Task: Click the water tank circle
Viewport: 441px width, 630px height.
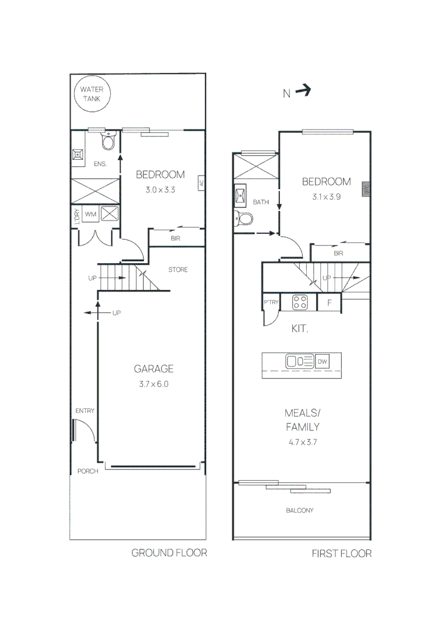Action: [x=91, y=94]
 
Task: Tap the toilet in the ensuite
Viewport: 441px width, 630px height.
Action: [x=108, y=142]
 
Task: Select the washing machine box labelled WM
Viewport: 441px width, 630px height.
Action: [x=90, y=214]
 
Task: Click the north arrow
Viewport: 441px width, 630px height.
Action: [x=303, y=91]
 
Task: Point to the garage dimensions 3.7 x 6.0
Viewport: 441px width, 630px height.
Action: [x=154, y=384]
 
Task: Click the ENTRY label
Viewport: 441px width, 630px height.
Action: [x=85, y=411]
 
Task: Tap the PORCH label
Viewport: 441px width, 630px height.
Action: [x=88, y=471]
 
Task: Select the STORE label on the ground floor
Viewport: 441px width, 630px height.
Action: [x=178, y=269]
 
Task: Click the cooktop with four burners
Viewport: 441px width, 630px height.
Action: [x=300, y=302]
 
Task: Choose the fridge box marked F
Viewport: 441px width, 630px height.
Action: [x=329, y=303]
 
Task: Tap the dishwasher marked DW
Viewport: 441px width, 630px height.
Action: [x=323, y=362]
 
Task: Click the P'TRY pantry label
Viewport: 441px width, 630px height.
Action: [x=271, y=302]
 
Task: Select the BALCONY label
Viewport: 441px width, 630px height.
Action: [x=299, y=510]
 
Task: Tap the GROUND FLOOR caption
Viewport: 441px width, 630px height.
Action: [x=169, y=552]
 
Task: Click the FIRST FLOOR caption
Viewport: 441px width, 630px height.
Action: [x=341, y=554]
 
